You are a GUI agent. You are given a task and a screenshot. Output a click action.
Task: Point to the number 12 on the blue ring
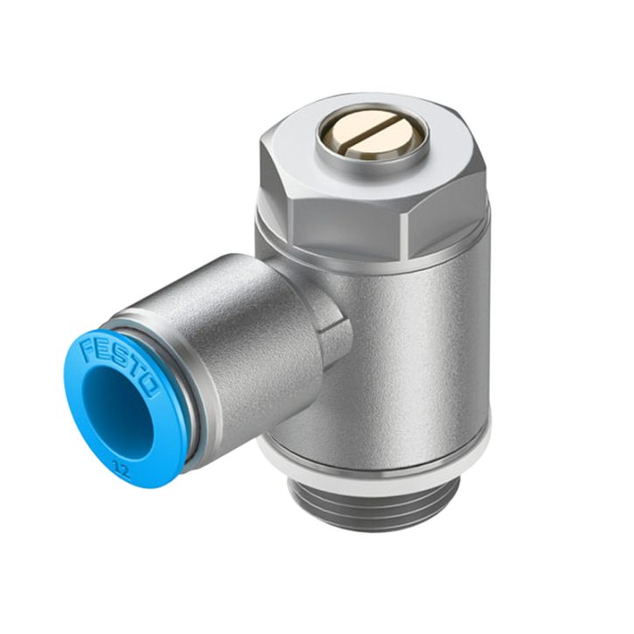click(122, 470)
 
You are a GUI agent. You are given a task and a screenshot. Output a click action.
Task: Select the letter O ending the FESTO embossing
click(149, 386)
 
